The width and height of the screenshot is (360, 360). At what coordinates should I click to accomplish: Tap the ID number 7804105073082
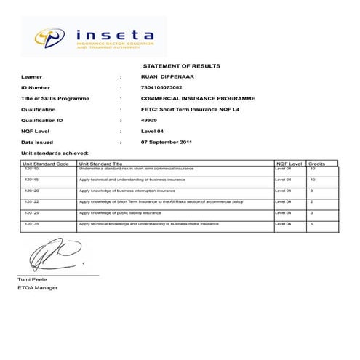click(161, 87)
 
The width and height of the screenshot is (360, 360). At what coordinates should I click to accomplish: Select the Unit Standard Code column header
click(46, 164)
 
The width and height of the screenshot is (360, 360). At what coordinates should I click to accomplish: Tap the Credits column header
click(316, 164)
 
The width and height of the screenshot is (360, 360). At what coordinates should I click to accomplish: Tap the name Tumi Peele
click(32, 280)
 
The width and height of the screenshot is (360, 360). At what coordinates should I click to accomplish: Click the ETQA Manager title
click(38, 288)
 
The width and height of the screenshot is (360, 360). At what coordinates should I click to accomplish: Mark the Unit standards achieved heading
click(55, 153)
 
